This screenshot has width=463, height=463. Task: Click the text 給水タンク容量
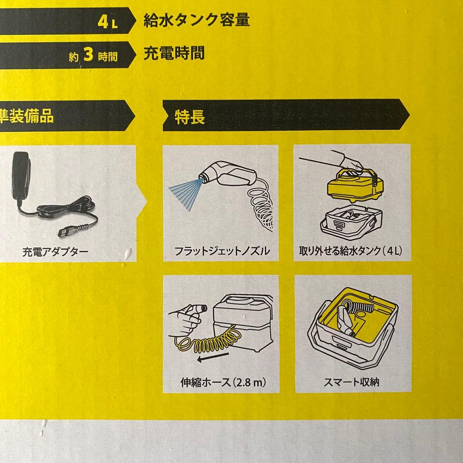196,20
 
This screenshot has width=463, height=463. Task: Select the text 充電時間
174,53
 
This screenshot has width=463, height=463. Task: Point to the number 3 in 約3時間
88,56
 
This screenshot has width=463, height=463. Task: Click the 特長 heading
189,117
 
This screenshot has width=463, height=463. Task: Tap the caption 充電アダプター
55,252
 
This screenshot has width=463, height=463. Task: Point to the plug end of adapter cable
64,232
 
